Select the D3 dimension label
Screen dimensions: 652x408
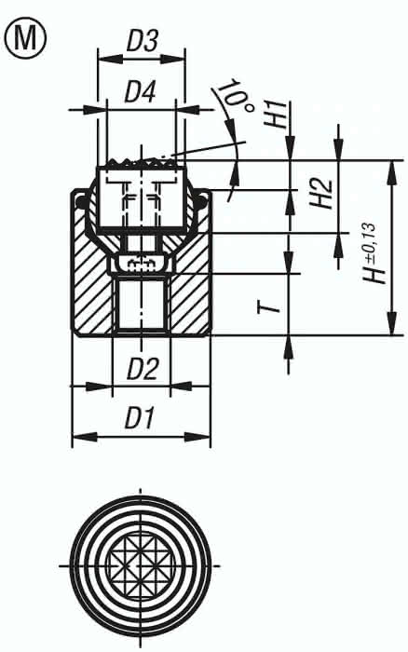point(142,42)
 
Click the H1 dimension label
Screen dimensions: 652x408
point(277,115)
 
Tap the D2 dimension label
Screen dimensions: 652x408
point(142,369)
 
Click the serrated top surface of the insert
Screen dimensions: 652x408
point(141,163)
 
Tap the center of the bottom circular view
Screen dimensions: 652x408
point(141,565)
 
